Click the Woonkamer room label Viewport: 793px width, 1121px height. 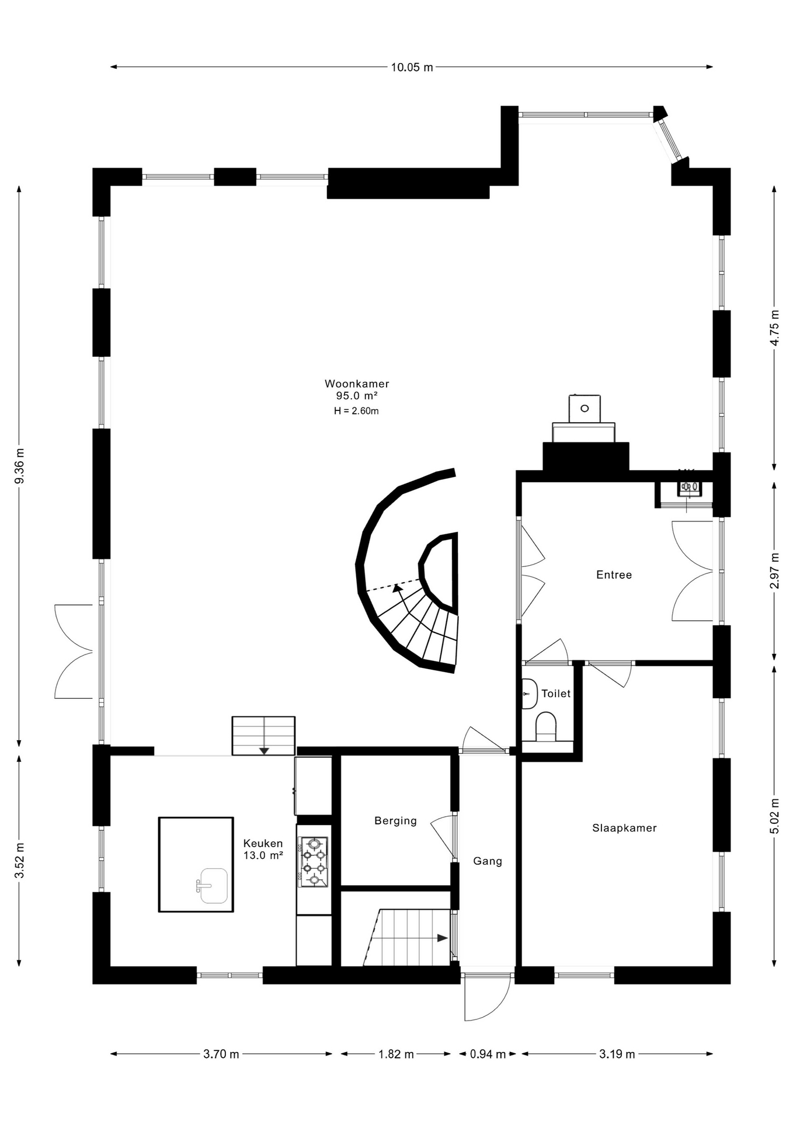(357, 384)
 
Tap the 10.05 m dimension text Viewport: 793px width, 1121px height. (412, 67)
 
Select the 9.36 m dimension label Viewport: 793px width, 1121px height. (20, 465)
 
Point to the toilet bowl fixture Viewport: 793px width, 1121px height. (546, 726)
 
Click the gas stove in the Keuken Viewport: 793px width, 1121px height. (314, 862)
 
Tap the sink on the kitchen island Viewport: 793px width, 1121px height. (213, 886)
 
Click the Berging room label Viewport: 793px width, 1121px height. (395, 821)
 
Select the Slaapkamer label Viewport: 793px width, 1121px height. (624, 828)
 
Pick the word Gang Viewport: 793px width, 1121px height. (488, 861)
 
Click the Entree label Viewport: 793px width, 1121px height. (614, 575)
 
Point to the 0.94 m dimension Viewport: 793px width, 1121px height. (488, 1054)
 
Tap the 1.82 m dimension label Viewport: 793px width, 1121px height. (396, 1054)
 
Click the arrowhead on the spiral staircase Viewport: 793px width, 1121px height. (398, 588)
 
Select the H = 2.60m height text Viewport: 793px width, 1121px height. (356, 411)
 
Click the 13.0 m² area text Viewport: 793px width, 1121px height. (263, 855)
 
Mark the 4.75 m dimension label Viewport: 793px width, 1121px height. (775, 326)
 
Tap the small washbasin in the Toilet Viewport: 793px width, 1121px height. (530, 694)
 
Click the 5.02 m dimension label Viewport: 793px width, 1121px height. (775, 816)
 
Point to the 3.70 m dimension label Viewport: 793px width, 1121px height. (221, 1054)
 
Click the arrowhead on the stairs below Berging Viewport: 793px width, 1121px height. (442, 938)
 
